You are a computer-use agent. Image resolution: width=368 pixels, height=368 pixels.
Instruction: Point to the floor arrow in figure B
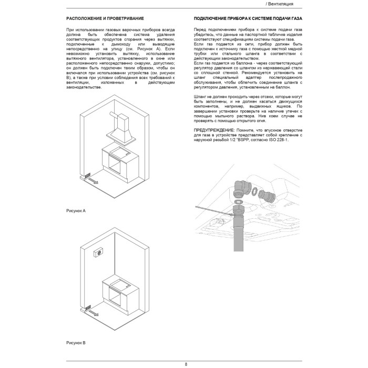click(93, 311)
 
